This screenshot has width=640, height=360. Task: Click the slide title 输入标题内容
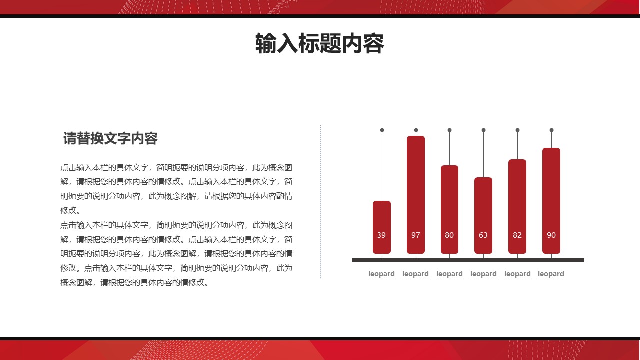(319, 44)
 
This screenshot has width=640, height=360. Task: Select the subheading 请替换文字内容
(110, 139)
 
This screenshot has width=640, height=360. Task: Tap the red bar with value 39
(382, 220)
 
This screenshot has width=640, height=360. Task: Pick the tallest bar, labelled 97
(416, 190)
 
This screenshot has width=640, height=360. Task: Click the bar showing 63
(483, 210)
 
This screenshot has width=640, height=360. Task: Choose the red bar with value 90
(551, 195)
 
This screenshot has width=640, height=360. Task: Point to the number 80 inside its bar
(449, 235)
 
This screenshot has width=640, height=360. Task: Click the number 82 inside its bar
(517, 235)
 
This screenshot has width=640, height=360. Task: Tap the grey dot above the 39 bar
(382, 130)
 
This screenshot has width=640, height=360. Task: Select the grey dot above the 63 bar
(483, 130)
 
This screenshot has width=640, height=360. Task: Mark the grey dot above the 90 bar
(551, 130)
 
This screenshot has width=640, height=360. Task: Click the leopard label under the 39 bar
(381, 274)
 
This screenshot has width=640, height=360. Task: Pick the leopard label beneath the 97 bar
(415, 274)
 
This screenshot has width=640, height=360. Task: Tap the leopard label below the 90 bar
(551, 274)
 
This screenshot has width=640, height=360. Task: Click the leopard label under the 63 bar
(483, 274)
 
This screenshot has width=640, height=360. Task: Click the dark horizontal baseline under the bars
(468, 260)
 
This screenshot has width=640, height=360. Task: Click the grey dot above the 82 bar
(517, 130)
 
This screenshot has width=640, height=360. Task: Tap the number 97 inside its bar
(416, 235)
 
